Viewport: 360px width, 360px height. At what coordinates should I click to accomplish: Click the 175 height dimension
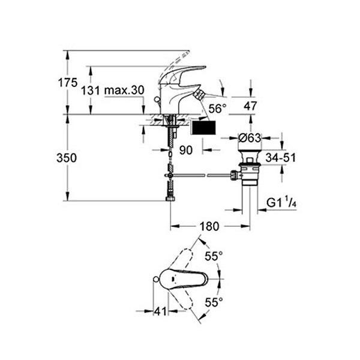67,83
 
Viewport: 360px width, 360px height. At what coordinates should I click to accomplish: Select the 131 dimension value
91,91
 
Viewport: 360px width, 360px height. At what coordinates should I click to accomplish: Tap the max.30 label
124,90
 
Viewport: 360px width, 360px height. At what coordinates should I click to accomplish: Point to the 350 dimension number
67,158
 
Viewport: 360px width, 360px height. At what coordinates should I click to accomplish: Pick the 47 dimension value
250,106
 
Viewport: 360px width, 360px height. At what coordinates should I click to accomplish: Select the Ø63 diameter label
250,138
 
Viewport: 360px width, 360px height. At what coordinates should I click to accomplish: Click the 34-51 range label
281,157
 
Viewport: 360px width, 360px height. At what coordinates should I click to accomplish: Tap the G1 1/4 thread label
281,202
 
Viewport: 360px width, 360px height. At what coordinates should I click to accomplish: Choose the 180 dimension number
209,226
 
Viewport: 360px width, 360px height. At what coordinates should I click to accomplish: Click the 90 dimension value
186,150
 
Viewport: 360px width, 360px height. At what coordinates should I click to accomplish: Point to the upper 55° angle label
214,256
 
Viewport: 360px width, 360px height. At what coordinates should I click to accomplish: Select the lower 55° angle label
214,302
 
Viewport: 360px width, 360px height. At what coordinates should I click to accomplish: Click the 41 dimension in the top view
160,311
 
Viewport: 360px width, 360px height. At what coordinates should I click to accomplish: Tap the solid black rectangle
204,128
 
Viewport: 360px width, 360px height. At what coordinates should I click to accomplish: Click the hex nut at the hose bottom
170,199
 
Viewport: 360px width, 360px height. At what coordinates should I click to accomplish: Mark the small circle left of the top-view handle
156,279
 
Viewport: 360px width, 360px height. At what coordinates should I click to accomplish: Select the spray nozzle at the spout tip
199,95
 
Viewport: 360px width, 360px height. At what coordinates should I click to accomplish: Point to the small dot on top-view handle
172,279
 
